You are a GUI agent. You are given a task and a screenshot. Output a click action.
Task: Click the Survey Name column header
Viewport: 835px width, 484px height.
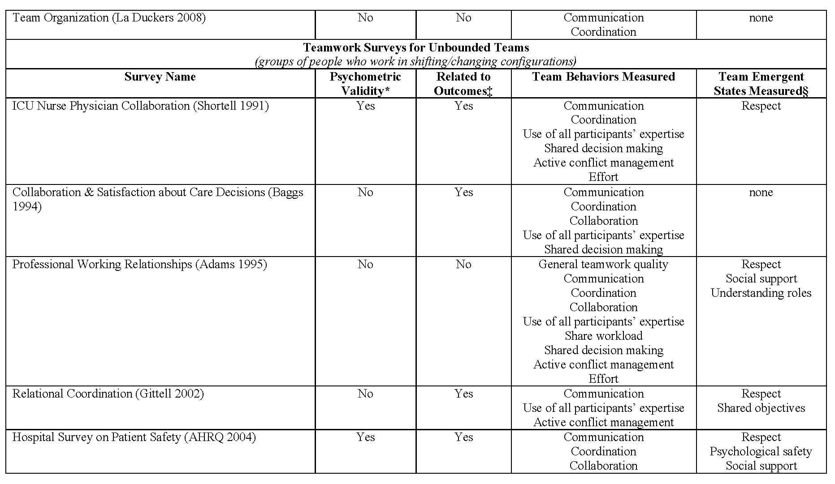[x=160, y=77]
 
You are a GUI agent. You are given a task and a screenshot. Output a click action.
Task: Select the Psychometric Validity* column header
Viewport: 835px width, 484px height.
[x=365, y=84]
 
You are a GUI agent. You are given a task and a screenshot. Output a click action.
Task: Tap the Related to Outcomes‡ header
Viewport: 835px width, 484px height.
[x=463, y=84]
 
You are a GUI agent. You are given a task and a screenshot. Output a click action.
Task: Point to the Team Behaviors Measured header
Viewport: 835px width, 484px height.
[x=603, y=77]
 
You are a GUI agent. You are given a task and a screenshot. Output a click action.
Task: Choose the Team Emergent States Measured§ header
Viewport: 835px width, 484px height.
[x=761, y=84]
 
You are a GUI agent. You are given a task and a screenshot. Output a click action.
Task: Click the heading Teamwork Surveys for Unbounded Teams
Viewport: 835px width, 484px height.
[x=416, y=47]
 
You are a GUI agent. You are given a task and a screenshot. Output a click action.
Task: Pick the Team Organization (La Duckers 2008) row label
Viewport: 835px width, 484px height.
[x=109, y=18]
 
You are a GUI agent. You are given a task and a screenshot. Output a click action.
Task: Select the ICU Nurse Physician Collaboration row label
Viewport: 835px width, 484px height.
[x=140, y=106]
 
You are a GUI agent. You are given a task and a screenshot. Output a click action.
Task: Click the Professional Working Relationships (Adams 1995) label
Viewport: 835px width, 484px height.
[x=139, y=265]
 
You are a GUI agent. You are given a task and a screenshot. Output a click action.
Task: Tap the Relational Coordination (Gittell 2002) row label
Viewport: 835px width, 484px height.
[x=108, y=394]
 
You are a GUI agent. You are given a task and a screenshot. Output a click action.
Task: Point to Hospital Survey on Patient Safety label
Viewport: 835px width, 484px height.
[x=134, y=437]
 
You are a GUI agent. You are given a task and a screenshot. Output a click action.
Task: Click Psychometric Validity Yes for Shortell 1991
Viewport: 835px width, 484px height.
[x=365, y=106]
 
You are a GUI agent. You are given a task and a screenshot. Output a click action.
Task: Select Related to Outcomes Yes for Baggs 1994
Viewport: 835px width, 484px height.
[x=463, y=193]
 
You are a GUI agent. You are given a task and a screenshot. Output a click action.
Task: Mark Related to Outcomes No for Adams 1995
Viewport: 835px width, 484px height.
[x=463, y=265]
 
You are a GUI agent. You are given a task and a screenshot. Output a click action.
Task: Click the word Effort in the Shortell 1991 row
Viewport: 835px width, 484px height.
[x=603, y=177]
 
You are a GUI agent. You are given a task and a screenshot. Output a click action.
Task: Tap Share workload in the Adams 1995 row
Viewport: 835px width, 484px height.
[x=603, y=336]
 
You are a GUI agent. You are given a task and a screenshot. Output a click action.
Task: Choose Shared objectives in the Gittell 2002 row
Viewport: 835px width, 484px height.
[x=761, y=408]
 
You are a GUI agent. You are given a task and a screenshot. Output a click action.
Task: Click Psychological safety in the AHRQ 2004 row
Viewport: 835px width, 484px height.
[x=761, y=452]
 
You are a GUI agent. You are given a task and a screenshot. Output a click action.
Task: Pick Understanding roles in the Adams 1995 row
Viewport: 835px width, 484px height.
[x=761, y=293]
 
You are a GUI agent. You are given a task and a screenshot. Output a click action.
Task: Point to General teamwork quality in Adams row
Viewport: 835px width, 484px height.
[x=603, y=265]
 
